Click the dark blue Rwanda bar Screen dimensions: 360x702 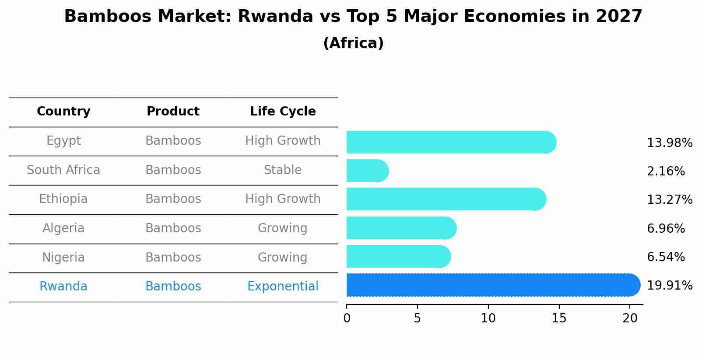point(492,285)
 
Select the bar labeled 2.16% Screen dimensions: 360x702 point(367,171)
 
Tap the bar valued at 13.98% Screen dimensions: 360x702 point(451,142)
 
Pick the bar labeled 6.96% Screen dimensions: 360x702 point(401,228)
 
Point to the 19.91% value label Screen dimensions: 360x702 point(669,286)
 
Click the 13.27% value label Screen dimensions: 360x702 point(669,200)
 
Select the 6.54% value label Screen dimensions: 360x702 point(665,257)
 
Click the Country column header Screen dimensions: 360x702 point(63,112)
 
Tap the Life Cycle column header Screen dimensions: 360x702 point(283,112)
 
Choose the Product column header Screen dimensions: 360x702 point(173,112)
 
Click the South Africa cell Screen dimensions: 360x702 point(63,170)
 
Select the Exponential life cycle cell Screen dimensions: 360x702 point(283,287)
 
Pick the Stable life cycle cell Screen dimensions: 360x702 point(283,170)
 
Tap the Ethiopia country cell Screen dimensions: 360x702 point(63,199)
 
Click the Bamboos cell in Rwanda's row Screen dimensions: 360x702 point(173,287)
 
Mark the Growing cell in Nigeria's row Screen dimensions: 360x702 point(283,257)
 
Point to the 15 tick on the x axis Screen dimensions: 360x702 point(559,318)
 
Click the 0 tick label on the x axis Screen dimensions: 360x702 point(347,318)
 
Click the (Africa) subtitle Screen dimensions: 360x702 point(353,43)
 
